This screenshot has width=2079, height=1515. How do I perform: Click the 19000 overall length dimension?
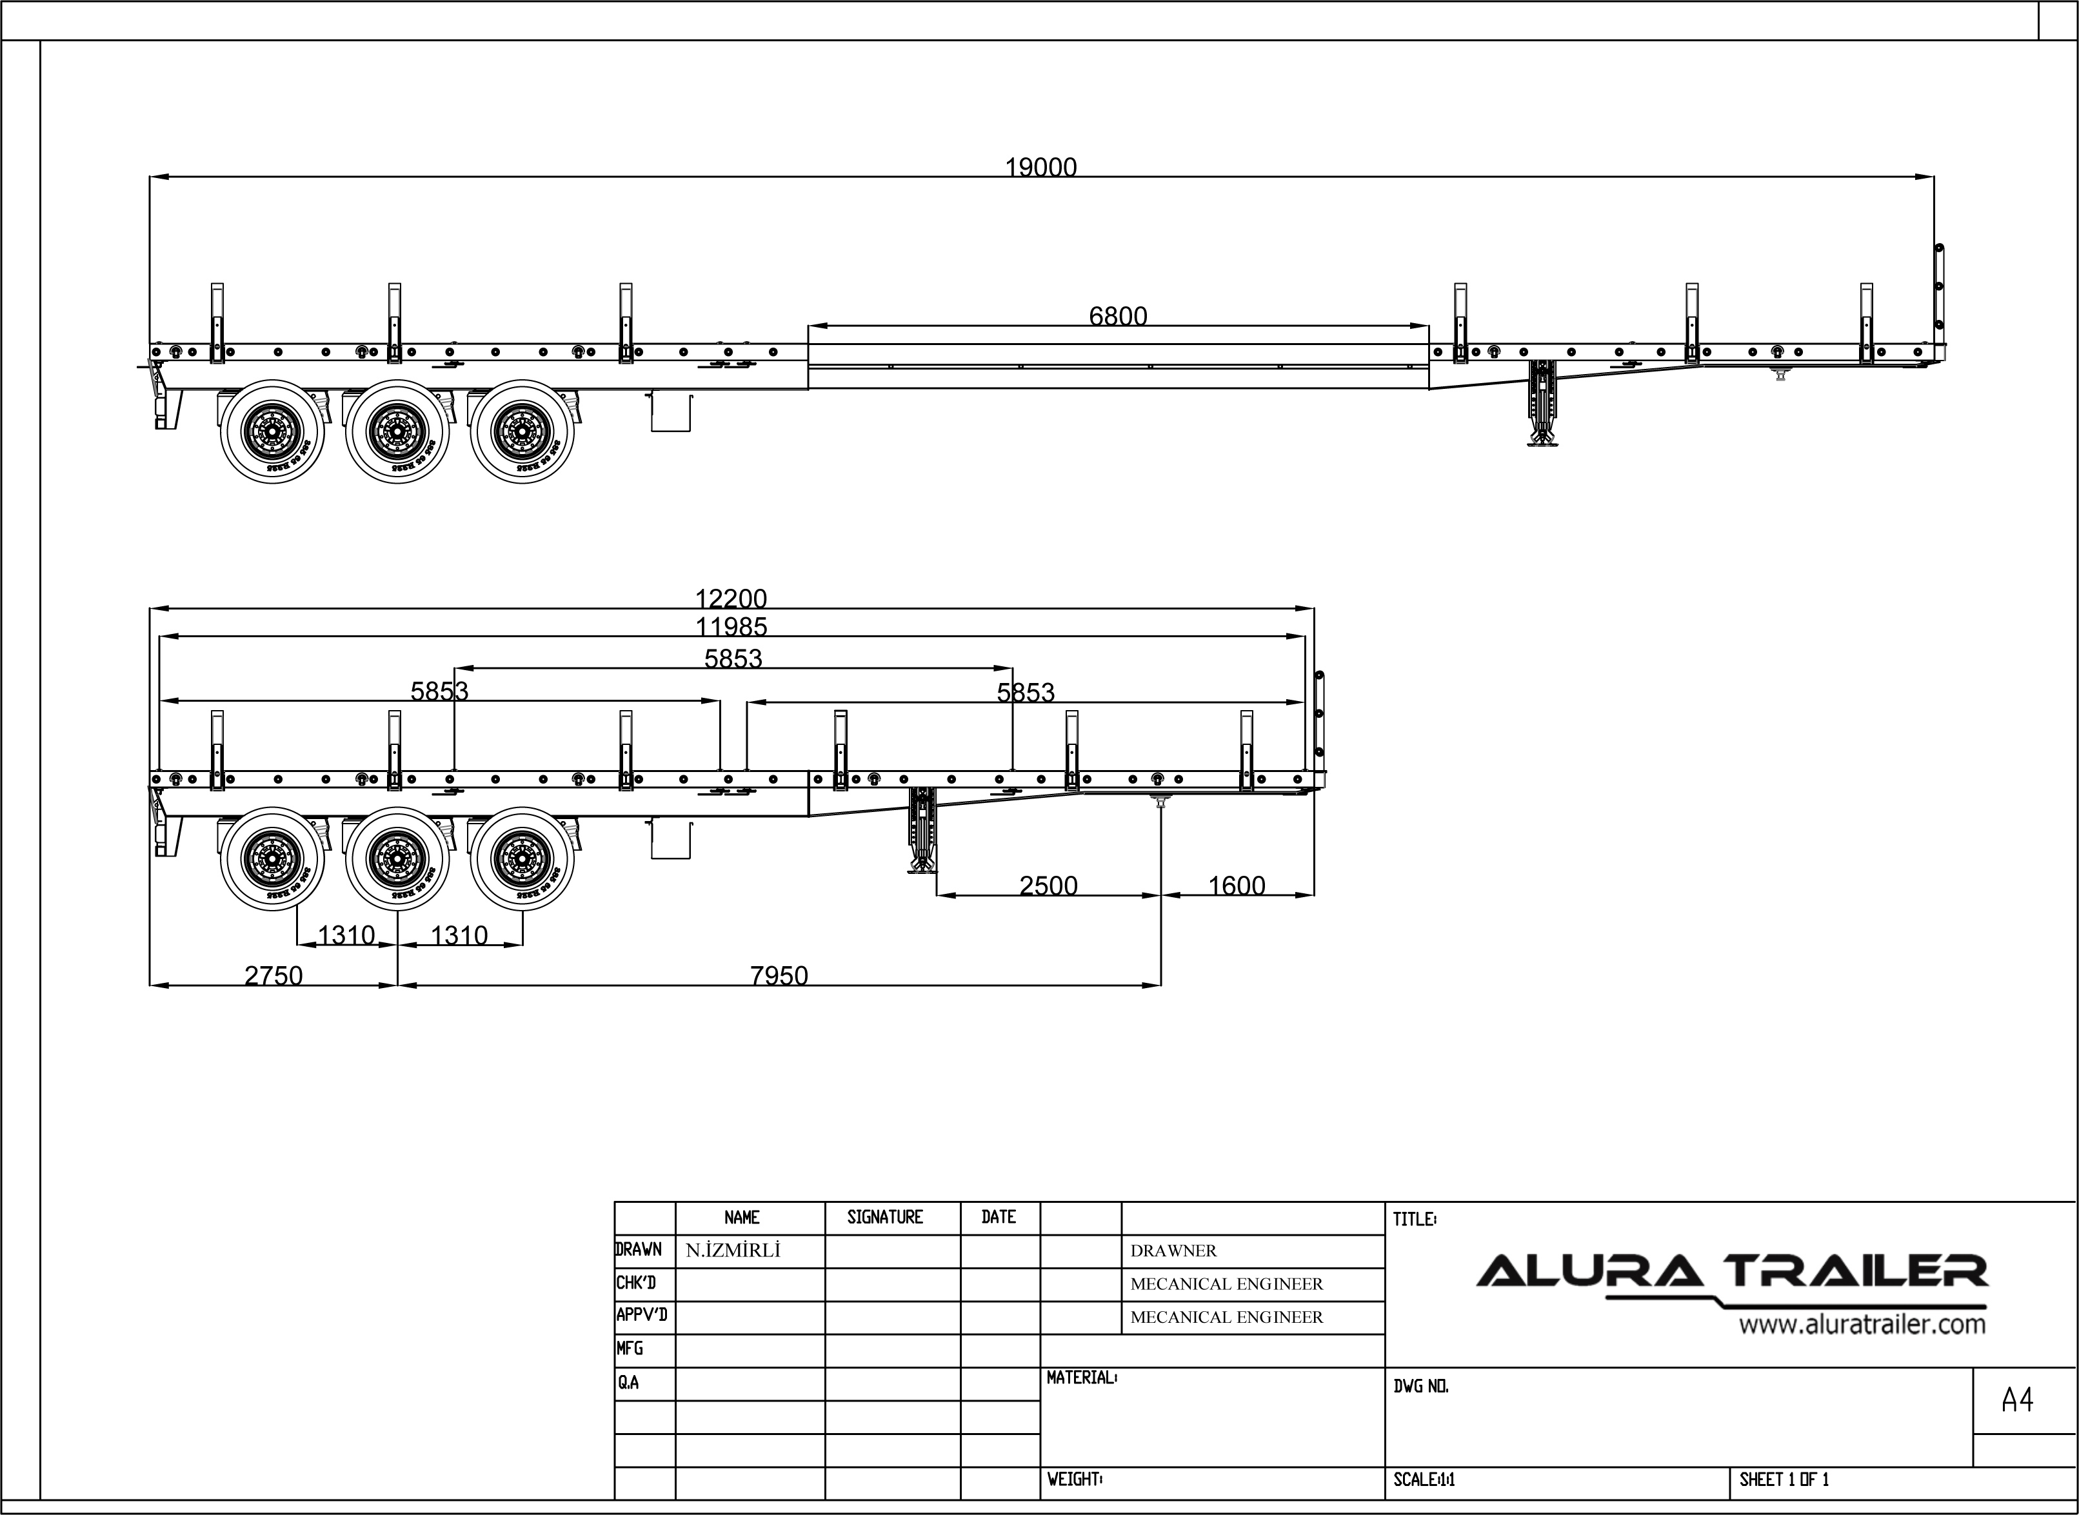click(1041, 167)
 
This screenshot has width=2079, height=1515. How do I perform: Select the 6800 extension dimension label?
click(1118, 317)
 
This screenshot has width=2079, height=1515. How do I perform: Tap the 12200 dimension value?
click(731, 599)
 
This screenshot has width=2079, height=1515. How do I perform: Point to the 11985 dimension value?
click(731, 628)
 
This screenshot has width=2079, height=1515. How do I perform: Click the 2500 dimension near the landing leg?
click(1048, 886)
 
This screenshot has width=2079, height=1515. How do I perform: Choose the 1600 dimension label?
click(1236, 886)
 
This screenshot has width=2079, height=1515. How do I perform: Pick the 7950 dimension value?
click(779, 976)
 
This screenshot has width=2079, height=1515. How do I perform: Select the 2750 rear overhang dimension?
click(274, 976)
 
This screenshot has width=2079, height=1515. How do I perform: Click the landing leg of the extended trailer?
click(1544, 404)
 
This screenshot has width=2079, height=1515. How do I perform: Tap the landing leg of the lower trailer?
click(922, 831)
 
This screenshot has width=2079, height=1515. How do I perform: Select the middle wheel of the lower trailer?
click(397, 858)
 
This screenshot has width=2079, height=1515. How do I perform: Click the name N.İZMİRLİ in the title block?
click(733, 1251)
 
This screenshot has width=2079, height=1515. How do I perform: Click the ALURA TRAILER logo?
click(1731, 1273)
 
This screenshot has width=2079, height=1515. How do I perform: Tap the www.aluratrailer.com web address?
click(1862, 1324)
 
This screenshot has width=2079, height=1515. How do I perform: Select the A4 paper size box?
click(2018, 1400)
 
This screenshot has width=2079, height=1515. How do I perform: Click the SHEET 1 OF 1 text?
click(1784, 1480)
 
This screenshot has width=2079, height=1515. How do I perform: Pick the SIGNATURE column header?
click(885, 1217)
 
